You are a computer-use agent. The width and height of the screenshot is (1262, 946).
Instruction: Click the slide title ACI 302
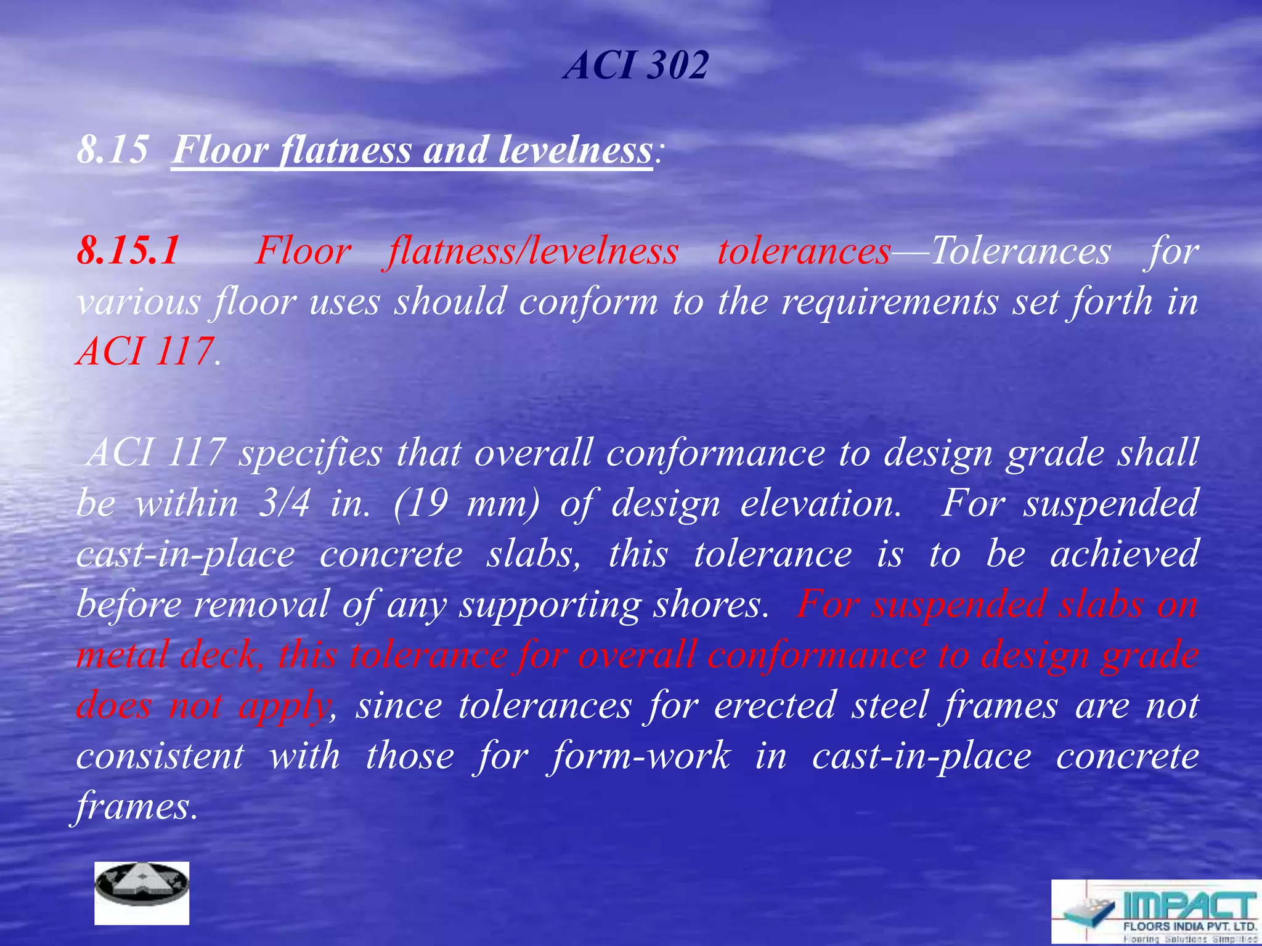pos(637,65)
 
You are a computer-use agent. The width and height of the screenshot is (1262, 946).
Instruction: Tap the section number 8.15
pos(113,150)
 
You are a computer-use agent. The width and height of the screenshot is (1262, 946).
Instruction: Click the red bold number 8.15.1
pos(128,251)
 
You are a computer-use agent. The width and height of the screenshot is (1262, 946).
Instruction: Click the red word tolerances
pos(804,251)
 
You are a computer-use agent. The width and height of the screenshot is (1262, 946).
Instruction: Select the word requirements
pos(890,302)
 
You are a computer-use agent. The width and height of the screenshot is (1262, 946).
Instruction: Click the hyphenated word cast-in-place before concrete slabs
pos(185,554)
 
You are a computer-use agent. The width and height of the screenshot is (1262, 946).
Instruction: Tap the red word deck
pos(218,655)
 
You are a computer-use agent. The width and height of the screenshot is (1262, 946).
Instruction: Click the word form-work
pos(641,756)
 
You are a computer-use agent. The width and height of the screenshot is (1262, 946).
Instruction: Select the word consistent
pos(160,756)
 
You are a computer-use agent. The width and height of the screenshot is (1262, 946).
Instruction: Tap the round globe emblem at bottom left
pos(142,892)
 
